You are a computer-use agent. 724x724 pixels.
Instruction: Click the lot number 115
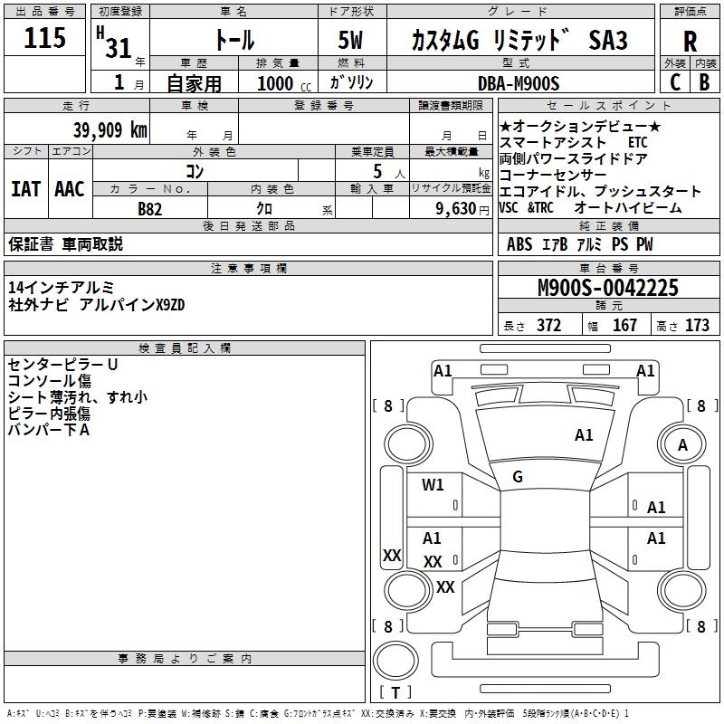[x=45, y=38]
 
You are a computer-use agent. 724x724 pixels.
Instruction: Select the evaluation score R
[x=690, y=41]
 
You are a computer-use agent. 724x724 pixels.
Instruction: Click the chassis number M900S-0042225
[x=608, y=288]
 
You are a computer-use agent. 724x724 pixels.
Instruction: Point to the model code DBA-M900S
[x=519, y=83]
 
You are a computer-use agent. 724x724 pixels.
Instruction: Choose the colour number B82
[x=150, y=209]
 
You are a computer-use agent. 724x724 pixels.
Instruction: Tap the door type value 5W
[x=351, y=41]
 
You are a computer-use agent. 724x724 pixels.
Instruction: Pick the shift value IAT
[x=25, y=189]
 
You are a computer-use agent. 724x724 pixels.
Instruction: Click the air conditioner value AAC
[x=70, y=189]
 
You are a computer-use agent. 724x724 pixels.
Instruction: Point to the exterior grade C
[x=674, y=82]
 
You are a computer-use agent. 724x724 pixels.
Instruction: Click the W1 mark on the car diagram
[x=433, y=485]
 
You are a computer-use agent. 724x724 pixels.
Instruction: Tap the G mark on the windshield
[x=518, y=477]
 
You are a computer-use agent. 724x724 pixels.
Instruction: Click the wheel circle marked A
[x=683, y=444]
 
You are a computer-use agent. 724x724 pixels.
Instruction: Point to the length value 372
[x=548, y=326]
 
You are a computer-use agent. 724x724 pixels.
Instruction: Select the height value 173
[x=697, y=326]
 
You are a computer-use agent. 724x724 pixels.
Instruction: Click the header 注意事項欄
[x=249, y=269]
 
